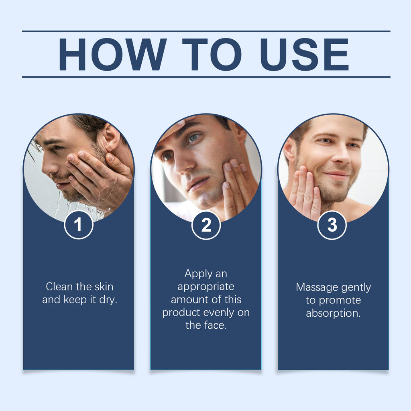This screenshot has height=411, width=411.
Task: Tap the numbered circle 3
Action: tap(332, 225)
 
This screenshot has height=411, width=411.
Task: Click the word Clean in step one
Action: tap(59, 287)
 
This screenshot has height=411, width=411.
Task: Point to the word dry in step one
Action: tap(108, 300)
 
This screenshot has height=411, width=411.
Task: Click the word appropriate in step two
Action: tap(206, 287)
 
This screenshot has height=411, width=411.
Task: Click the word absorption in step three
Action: tap(333, 313)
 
